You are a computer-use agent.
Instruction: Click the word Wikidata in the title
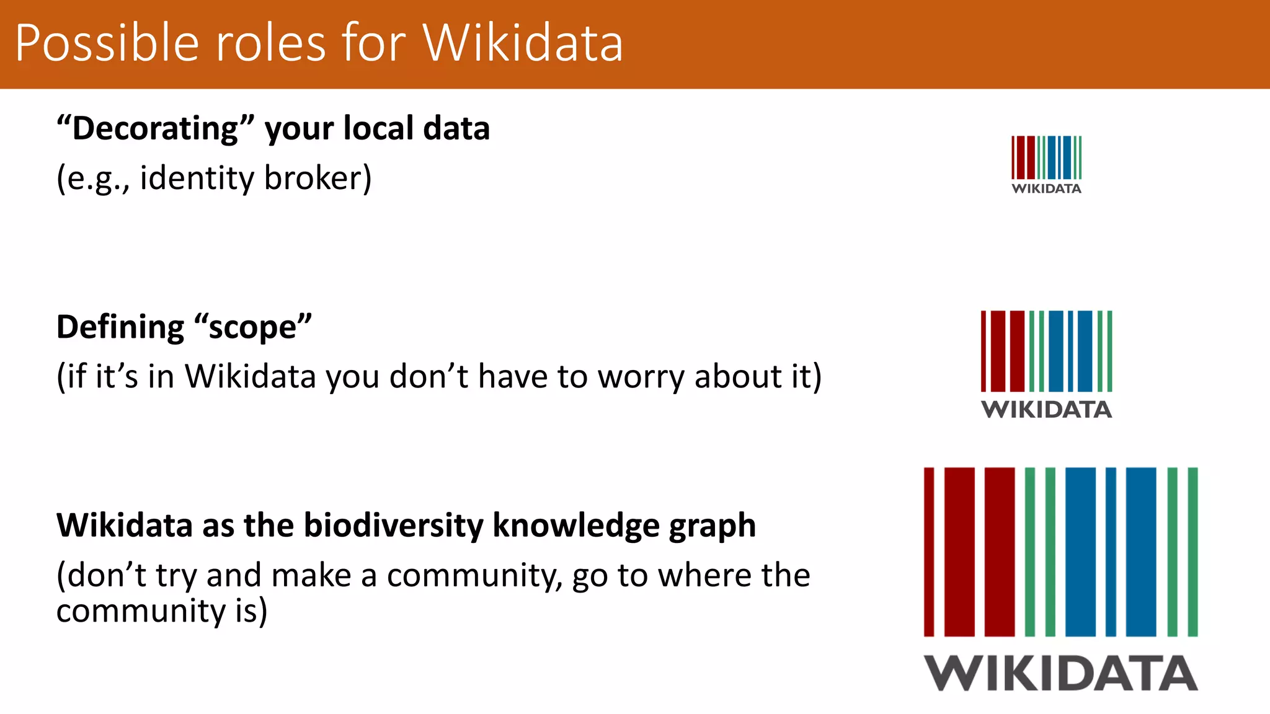coord(522,43)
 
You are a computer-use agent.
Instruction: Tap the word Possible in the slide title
coord(107,43)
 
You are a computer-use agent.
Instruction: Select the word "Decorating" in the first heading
coord(156,128)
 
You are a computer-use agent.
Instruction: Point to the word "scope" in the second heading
coord(253,327)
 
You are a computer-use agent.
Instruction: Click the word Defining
coord(120,327)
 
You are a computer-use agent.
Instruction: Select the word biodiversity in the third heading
coord(393,525)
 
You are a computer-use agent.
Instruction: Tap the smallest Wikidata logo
coord(1046,164)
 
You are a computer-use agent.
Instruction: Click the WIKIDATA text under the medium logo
coord(1046,410)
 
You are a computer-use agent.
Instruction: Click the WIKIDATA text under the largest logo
coord(1060,673)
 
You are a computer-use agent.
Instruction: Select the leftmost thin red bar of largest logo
coord(928,552)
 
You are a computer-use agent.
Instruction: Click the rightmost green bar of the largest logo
coord(1192,552)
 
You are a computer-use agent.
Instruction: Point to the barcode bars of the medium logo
coord(1046,351)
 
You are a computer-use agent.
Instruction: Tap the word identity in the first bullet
coord(197,178)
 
